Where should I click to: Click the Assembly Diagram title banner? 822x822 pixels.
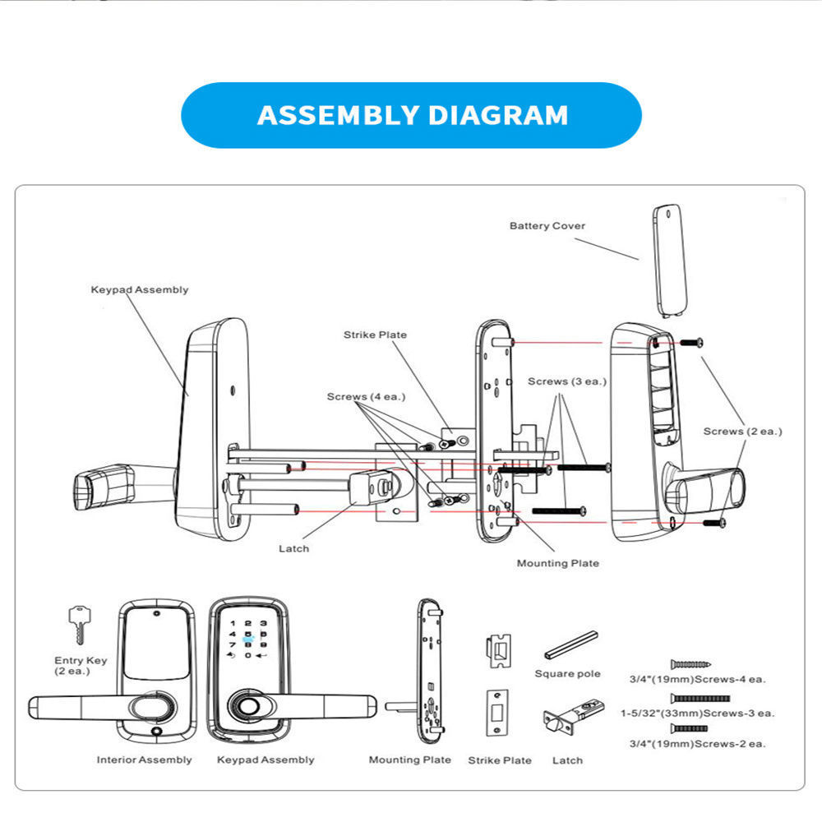click(x=411, y=115)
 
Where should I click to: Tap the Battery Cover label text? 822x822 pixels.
click(x=547, y=226)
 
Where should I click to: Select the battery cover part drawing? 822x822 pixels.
click(x=669, y=259)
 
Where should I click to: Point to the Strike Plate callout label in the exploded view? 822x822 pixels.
click(x=375, y=335)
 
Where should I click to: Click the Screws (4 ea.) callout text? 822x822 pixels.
click(x=366, y=397)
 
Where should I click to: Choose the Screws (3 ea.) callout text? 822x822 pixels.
click(x=566, y=382)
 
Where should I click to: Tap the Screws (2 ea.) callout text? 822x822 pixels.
click(x=742, y=432)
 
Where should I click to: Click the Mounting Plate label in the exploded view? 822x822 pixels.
click(x=557, y=563)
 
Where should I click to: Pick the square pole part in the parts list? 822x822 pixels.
click(x=571, y=645)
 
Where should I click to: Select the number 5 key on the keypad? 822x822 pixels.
click(x=248, y=635)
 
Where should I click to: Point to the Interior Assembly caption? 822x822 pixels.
click(x=144, y=760)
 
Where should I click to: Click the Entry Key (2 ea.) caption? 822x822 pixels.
click(x=81, y=666)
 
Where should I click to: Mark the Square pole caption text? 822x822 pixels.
click(x=567, y=674)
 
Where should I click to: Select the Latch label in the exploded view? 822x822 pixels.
click(x=293, y=548)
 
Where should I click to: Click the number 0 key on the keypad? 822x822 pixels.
click(x=248, y=655)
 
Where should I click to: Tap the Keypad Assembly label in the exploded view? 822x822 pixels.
click(x=139, y=289)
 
